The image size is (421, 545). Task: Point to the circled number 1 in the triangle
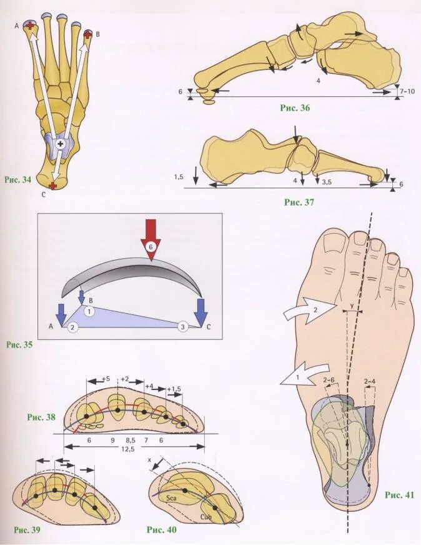[90, 309]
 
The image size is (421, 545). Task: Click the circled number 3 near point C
[183, 327]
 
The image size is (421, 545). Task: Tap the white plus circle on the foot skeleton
[60, 144]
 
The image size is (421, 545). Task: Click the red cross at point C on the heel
[52, 186]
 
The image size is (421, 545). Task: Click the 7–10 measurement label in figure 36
[406, 91]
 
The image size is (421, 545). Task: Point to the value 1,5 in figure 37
[179, 177]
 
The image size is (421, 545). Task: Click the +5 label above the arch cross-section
[107, 379]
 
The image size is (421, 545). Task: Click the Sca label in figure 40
[173, 499]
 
